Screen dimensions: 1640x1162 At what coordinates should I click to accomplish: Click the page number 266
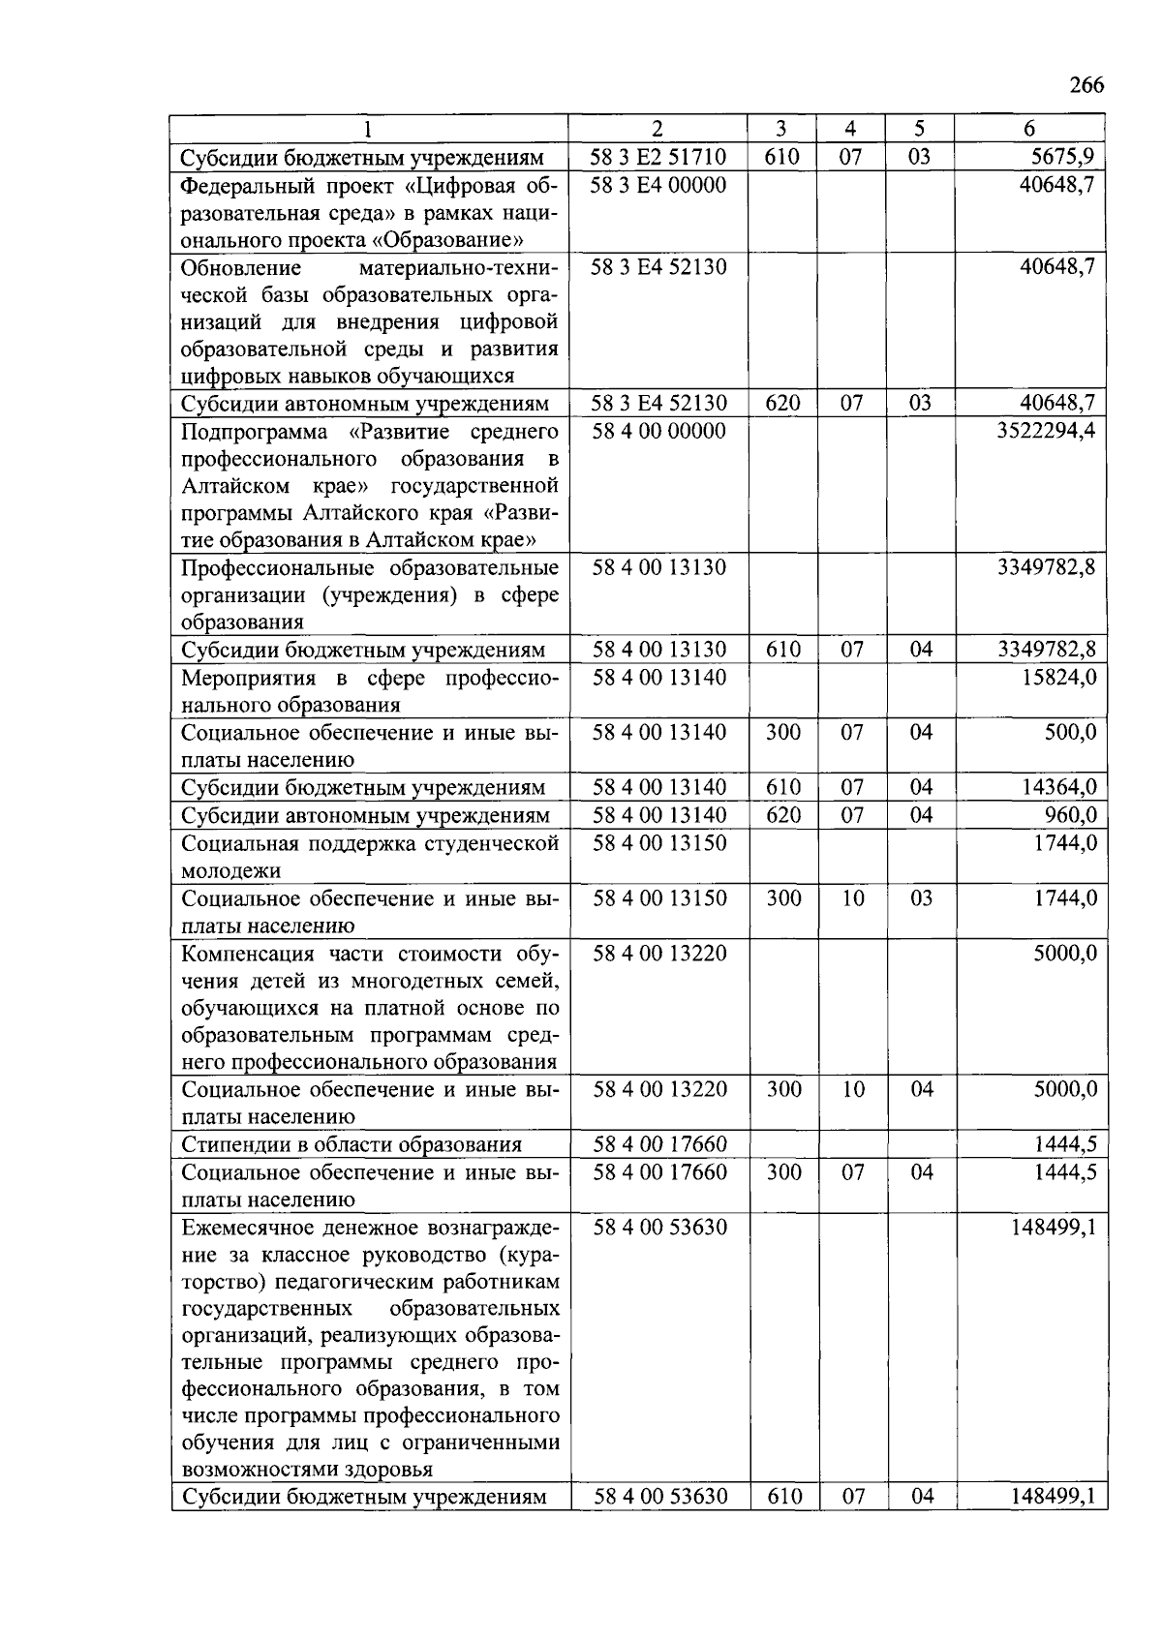point(1086,86)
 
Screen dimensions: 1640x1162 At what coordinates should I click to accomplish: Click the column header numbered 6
point(1029,129)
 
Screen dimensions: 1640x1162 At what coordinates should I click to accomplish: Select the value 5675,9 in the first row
point(1061,157)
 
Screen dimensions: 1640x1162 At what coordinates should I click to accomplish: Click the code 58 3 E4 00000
point(658,184)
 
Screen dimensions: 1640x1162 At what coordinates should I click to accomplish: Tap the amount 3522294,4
point(1047,430)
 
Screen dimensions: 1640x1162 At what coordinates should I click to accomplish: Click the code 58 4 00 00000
point(658,430)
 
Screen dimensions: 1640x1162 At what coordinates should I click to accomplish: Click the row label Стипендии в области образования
point(352,1145)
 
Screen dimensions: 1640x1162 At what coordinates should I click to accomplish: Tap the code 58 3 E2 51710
point(658,157)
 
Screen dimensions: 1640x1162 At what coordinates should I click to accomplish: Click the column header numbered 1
point(368,129)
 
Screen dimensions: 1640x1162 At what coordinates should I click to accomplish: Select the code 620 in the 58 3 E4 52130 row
point(782,403)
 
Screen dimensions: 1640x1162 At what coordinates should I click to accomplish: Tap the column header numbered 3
point(781,129)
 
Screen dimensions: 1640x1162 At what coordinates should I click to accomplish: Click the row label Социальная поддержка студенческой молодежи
point(370,856)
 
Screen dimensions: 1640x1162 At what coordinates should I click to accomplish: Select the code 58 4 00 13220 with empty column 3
point(658,954)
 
